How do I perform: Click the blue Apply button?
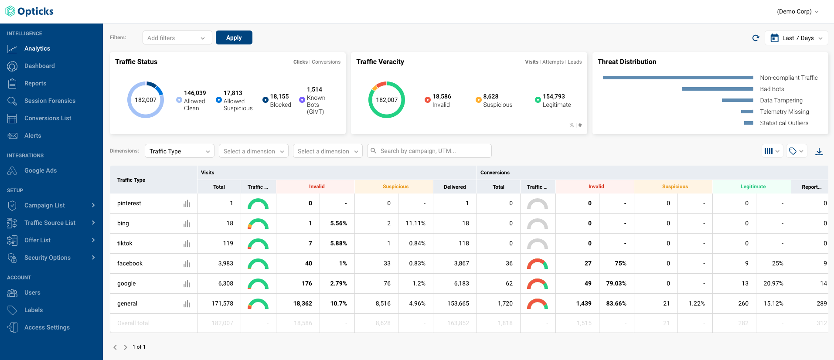pos(234,37)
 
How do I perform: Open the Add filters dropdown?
pos(177,38)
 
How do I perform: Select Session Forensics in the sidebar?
pos(50,101)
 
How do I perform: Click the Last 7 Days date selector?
pos(797,38)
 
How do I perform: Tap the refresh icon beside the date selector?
pos(756,38)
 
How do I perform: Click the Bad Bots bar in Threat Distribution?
pos(717,89)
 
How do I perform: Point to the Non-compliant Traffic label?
pos(788,78)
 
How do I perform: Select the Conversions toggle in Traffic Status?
pos(326,62)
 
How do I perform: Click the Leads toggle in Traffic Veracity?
pos(575,62)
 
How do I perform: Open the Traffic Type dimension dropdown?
pos(179,151)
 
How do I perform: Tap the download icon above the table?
pos(819,151)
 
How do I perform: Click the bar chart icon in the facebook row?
pos(187,264)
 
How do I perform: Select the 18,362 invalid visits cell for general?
pos(303,303)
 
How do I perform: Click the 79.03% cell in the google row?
pos(616,283)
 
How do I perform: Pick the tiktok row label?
pos(125,243)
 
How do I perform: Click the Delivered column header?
pos(454,187)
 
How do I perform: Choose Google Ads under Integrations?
pos(41,170)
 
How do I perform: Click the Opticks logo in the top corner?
pos(30,11)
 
